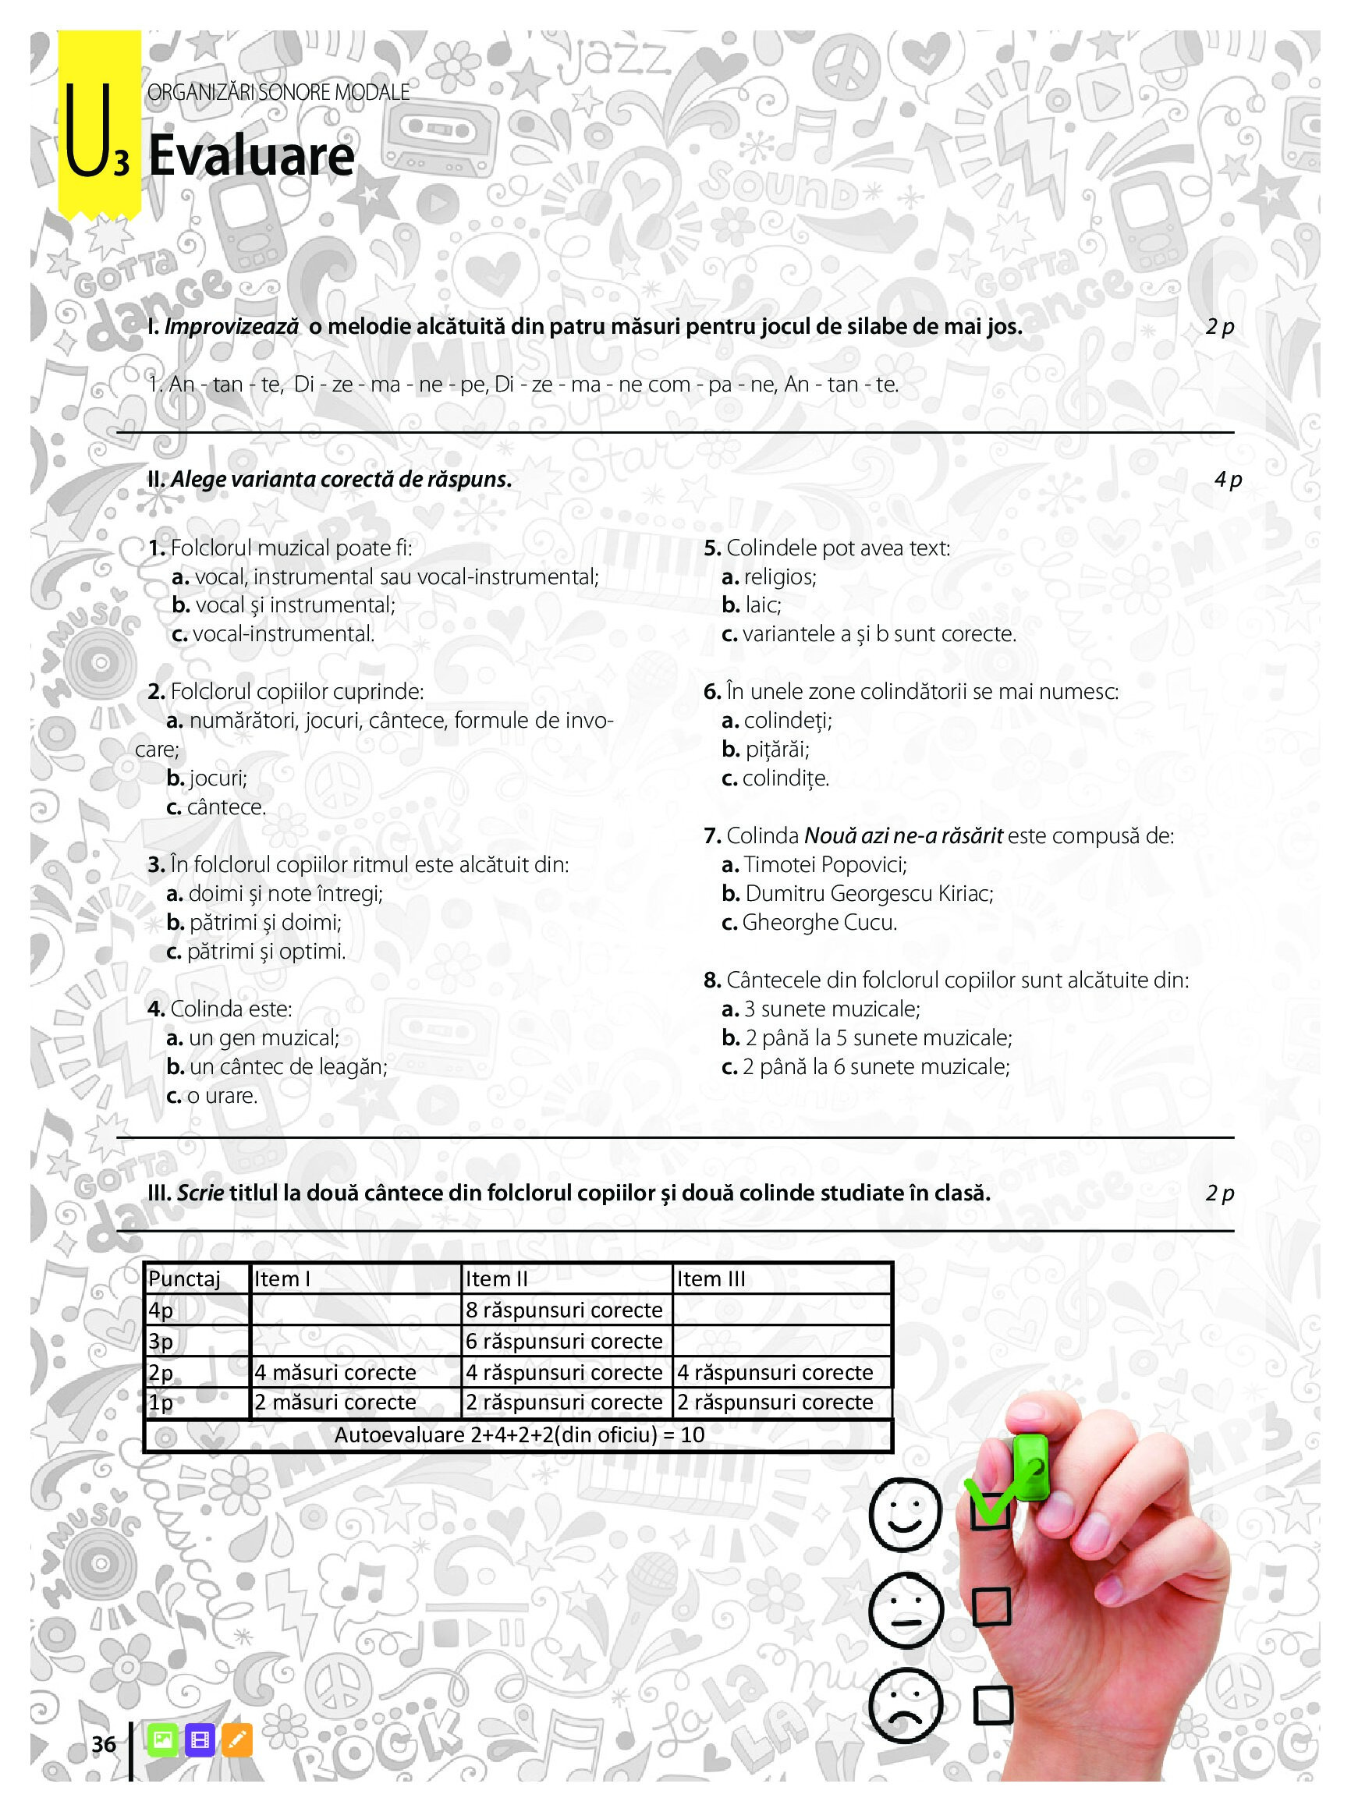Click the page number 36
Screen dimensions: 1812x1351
[x=104, y=1744]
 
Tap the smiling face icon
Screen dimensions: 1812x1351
[x=905, y=1514]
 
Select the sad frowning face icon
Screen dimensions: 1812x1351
[x=906, y=1705]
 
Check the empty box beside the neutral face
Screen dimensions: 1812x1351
[x=991, y=1606]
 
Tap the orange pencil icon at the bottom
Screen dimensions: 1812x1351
[x=237, y=1741]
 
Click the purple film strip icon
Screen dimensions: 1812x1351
[x=200, y=1741]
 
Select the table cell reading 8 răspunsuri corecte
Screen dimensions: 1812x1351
[x=564, y=1310]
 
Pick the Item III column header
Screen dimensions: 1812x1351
[x=711, y=1279]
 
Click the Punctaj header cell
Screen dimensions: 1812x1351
[x=185, y=1279]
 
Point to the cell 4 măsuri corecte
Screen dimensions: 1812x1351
[x=335, y=1372]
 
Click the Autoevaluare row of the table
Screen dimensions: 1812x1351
[x=519, y=1435]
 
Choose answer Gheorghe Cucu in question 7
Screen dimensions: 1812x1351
[x=820, y=922]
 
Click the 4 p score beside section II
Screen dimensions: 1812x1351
[x=1228, y=479]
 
